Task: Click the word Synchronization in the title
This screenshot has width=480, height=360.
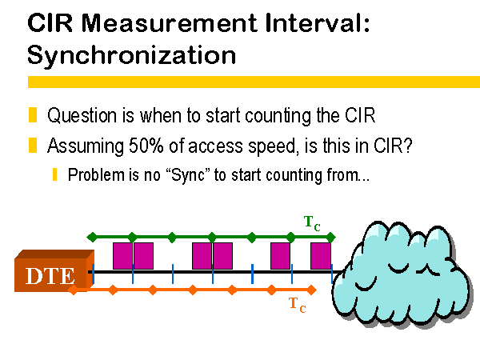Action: [x=132, y=55]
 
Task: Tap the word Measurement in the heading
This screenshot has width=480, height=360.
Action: [x=170, y=23]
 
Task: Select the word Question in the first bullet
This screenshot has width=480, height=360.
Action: [x=82, y=116]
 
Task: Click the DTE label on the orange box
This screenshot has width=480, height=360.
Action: [x=50, y=276]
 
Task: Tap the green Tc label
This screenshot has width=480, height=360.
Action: [x=312, y=223]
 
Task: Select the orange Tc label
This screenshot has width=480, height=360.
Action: [x=298, y=305]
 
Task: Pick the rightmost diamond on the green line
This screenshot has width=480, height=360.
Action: [x=330, y=238]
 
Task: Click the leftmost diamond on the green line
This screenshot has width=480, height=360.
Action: [x=92, y=238]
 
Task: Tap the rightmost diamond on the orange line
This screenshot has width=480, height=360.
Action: [x=311, y=290]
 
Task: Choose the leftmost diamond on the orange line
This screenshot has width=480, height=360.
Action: [x=73, y=290]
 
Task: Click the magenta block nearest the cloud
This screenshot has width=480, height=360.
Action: [x=321, y=256]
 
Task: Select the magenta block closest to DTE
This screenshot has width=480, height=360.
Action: [x=122, y=256]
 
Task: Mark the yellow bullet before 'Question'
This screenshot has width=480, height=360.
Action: [x=33, y=115]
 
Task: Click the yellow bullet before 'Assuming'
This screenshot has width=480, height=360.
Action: [x=33, y=145]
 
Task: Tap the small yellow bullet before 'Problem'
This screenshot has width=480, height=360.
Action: [x=54, y=174]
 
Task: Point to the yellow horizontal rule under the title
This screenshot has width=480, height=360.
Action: [x=254, y=82]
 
